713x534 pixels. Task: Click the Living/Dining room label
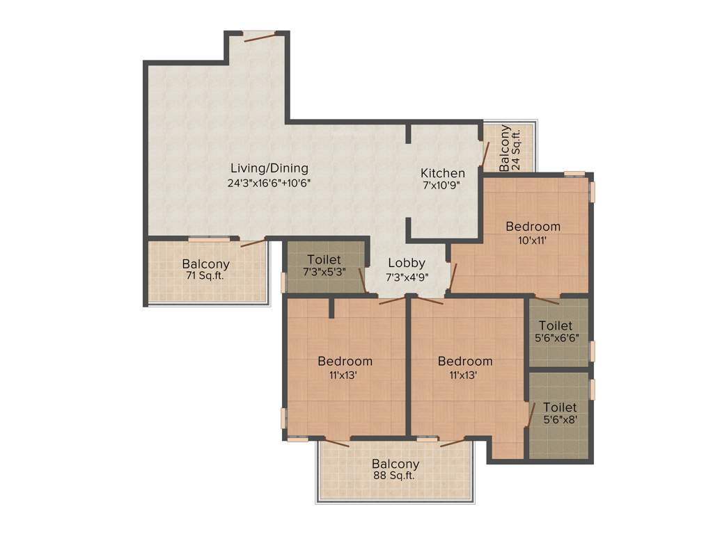pyautogui.click(x=269, y=168)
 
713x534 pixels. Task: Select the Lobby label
pyautogui.click(x=407, y=263)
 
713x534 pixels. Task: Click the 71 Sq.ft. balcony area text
pyautogui.click(x=206, y=275)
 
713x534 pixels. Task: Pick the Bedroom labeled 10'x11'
pyautogui.click(x=533, y=226)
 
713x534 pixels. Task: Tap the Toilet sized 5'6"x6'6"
pyautogui.click(x=556, y=325)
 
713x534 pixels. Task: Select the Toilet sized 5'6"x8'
pyautogui.click(x=560, y=407)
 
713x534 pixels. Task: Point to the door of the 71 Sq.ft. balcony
pyautogui.click(x=253, y=243)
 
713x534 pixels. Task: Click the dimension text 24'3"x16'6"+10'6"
pyautogui.click(x=269, y=184)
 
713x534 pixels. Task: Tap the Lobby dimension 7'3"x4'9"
pyautogui.click(x=407, y=276)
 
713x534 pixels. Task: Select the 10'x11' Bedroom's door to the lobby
pyautogui.click(x=453, y=277)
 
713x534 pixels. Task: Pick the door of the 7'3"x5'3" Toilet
pyautogui.click(x=362, y=280)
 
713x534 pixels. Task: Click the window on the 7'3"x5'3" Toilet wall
pyautogui.click(x=283, y=281)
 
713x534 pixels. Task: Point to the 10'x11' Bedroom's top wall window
pyautogui.click(x=574, y=173)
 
